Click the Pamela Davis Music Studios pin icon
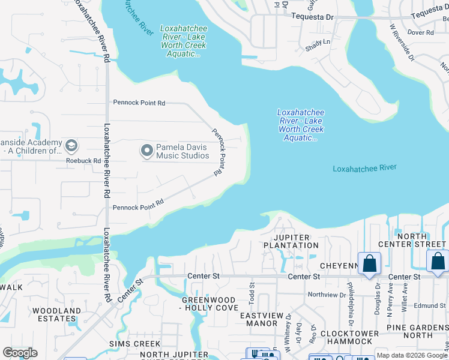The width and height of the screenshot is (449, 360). click(147, 151)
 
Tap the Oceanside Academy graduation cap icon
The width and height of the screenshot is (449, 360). click(71, 146)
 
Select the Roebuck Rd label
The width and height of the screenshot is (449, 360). click(83, 161)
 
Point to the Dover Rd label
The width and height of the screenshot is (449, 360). click(420, 32)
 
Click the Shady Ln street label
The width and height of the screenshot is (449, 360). click(318, 42)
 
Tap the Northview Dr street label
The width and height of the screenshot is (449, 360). click(327, 295)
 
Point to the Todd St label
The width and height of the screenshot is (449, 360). click(252, 293)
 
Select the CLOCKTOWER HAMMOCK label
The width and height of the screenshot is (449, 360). click(350, 337)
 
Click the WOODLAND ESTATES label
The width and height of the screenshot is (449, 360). click(56, 314)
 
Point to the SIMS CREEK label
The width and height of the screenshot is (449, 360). click(134, 344)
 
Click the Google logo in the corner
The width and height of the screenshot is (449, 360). click(20, 353)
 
